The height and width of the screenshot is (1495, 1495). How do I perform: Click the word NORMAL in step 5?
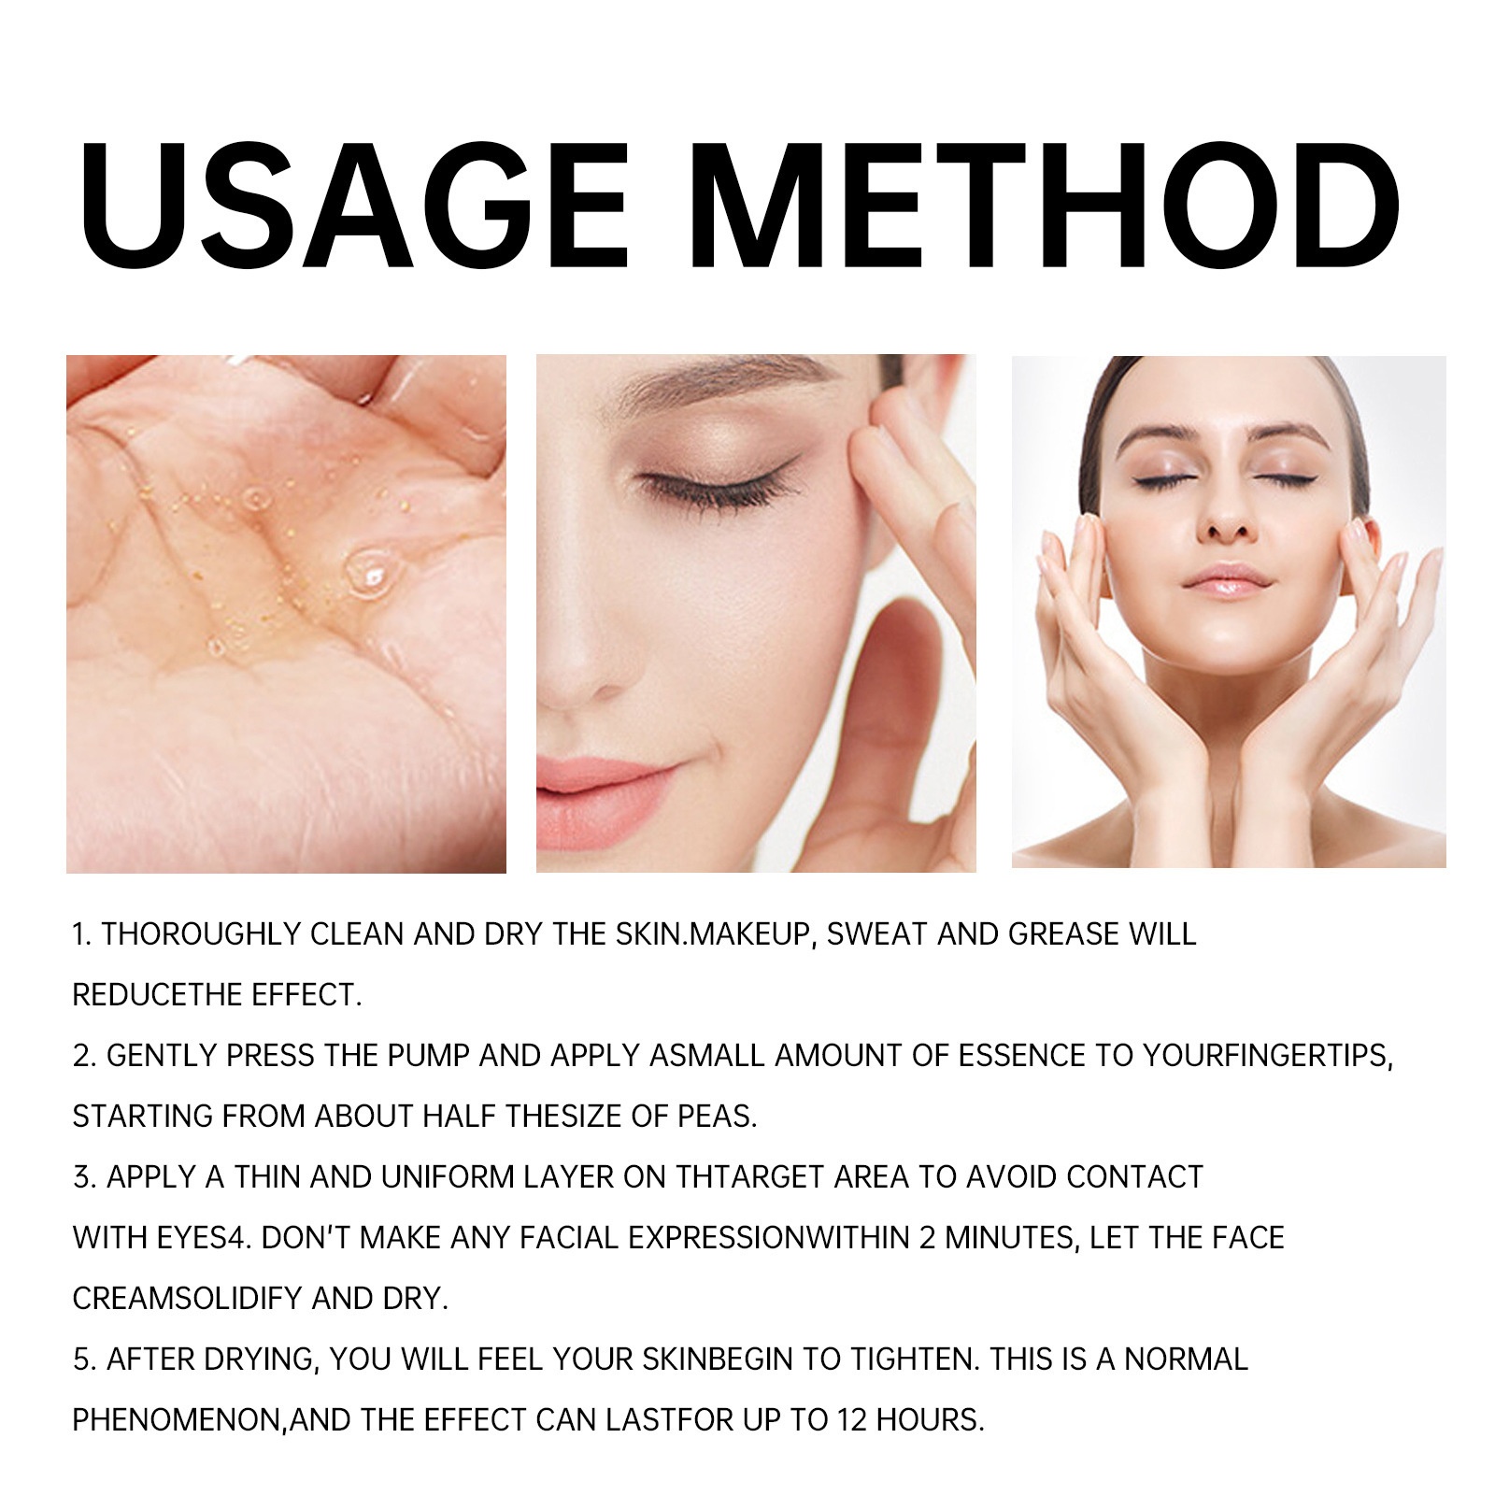tap(1186, 1359)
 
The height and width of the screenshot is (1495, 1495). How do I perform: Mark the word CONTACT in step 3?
tap(1134, 1176)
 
